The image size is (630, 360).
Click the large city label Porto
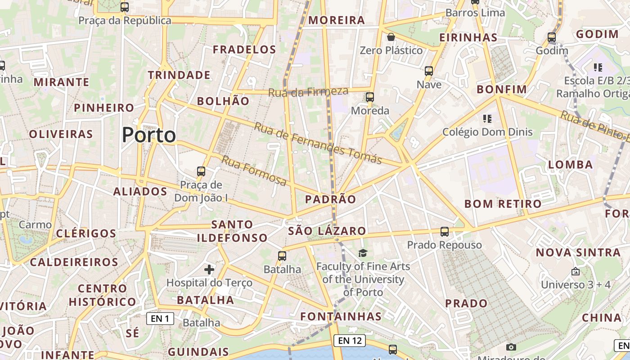(148, 135)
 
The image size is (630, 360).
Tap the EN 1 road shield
(160, 319)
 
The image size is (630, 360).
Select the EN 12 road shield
(350, 341)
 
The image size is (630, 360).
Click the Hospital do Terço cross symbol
(209, 270)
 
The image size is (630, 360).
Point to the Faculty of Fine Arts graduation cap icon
(363, 253)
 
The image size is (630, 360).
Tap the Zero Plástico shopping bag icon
(391, 37)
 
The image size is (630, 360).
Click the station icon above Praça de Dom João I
(201, 171)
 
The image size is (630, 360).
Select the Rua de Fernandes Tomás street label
(318, 143)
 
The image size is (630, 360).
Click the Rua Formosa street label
(254, 171)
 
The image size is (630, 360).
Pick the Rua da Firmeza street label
(308, 92)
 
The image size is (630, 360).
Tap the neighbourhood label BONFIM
(502, 89)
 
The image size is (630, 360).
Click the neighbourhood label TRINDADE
(179, 75)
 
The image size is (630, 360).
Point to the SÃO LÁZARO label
(327, 231)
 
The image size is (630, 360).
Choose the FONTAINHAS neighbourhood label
(341, 316)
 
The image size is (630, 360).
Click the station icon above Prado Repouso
(445, 232)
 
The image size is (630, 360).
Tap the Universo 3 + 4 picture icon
(575, 272)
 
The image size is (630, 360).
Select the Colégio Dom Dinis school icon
(487, 119)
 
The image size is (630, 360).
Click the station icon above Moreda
(370, 97)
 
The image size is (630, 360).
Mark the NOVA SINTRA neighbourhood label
(578, 252)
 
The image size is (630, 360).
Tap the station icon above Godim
(552, 37)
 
